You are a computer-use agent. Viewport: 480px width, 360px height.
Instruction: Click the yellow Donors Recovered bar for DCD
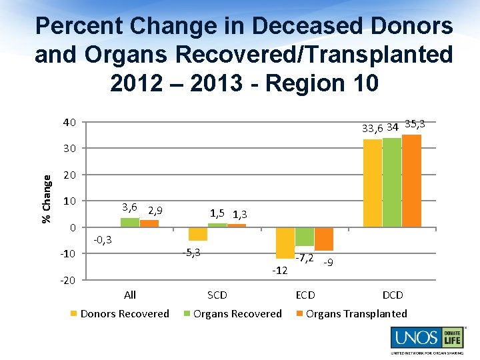click(x=373, y=183)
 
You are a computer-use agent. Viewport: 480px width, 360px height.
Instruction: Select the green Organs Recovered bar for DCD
click(x=392, y=182)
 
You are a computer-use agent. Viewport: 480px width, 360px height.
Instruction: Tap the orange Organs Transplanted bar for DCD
click(x=411, y=181)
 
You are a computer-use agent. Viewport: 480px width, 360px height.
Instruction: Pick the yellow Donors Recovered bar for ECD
click(x=285, y=243)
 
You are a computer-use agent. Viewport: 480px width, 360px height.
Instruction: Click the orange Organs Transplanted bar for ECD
click(x=324, y=239)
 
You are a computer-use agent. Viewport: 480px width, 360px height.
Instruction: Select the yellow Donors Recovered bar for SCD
click(x=198, y=234)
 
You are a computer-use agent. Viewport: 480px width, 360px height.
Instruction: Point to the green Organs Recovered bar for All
click(x=130, y=223)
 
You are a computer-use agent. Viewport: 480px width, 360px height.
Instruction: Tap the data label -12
click(x=279, y=270)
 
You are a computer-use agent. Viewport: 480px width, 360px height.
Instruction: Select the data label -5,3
click(x=191, y=252)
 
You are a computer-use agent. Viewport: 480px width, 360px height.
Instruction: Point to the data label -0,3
click(x=102, y=239)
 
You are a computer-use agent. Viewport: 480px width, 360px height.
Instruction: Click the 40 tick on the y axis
click(x=69, y=122)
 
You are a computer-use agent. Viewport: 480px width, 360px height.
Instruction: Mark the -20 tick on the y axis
click(x=67, y=280)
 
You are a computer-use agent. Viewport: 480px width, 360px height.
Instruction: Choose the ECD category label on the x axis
click(x=305, y=295)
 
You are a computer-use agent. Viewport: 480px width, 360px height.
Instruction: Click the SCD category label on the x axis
click(x=217, y=295)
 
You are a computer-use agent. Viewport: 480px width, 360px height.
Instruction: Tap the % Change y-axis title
click(x=47, y=199)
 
